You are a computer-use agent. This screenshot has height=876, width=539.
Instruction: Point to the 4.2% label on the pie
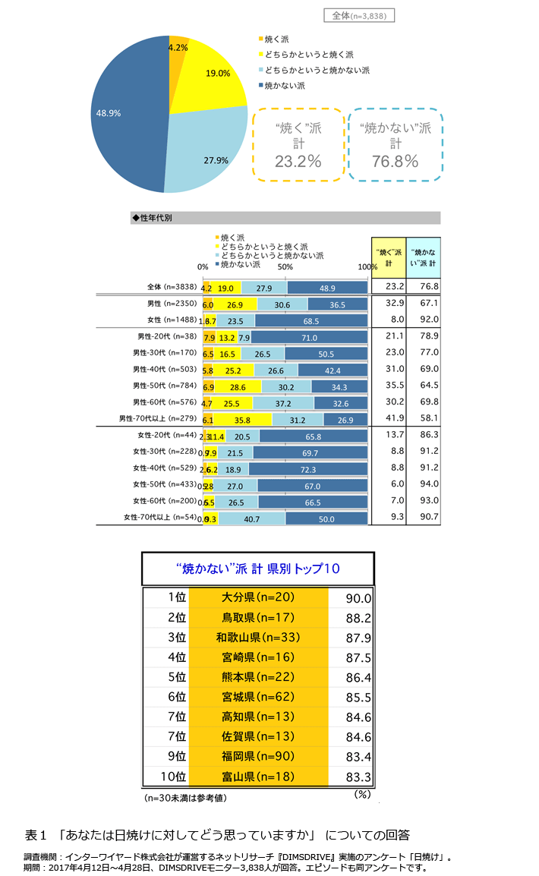(x=178, y=47)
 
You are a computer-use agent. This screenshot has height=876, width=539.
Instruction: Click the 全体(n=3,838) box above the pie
(x=358, y=15)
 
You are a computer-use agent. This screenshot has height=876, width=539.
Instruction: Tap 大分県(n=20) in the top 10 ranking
(x=258, y=598)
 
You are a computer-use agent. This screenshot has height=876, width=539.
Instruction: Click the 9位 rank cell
(x=175, y=756)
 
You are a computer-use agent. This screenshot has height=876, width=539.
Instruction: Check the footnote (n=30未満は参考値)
(x=185, y=798)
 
